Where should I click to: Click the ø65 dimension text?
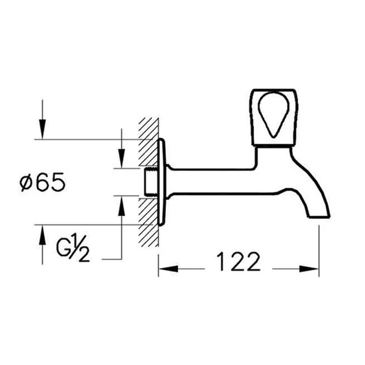coord(43,182)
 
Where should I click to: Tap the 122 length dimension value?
coord(238,263)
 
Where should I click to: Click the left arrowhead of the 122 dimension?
coord(165,268)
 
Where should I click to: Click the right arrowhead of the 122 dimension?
coord(313,268)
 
